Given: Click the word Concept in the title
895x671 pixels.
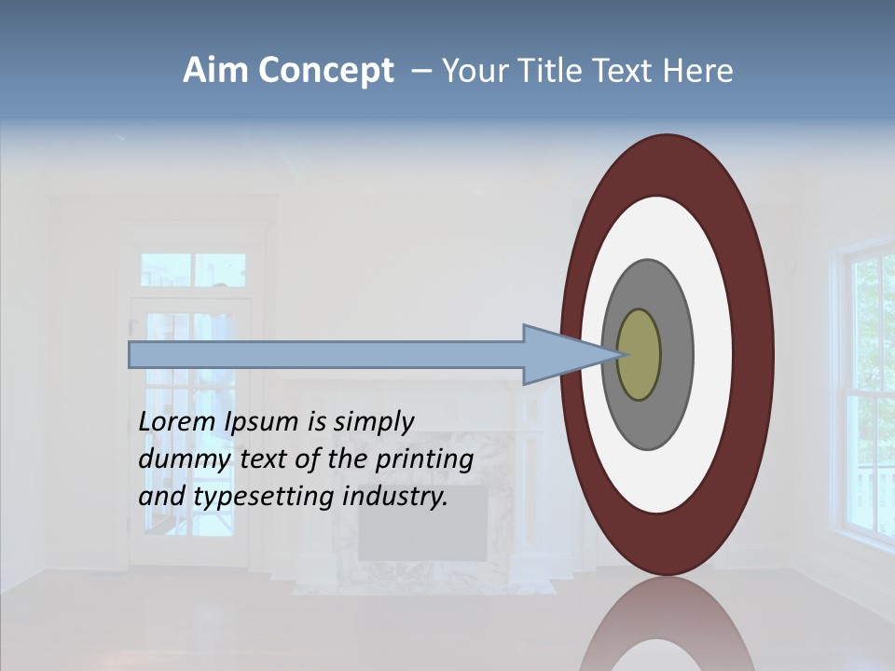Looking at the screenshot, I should tap(325, 72).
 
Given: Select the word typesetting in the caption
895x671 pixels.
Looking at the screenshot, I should tap(266, 498).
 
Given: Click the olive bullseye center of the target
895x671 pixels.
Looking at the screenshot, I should tap(640, 355).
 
